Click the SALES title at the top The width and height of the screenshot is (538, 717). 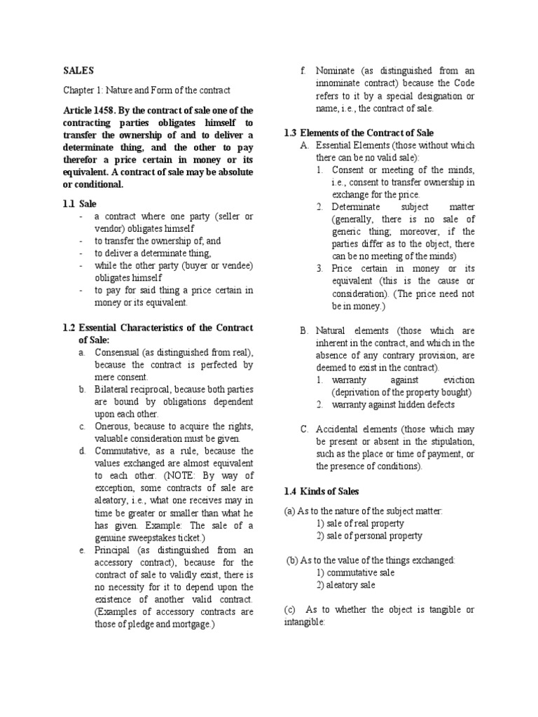(x=78, y=71)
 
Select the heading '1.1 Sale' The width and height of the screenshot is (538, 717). (x=78, y=203)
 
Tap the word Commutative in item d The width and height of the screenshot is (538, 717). (x=125, y=451)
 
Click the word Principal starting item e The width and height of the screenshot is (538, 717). (x=116, y=550)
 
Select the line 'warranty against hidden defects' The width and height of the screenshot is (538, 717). (x=393, y=405)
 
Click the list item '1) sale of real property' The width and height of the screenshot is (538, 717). (x=359, y=523)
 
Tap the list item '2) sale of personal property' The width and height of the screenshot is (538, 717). (x=368, y=536)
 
